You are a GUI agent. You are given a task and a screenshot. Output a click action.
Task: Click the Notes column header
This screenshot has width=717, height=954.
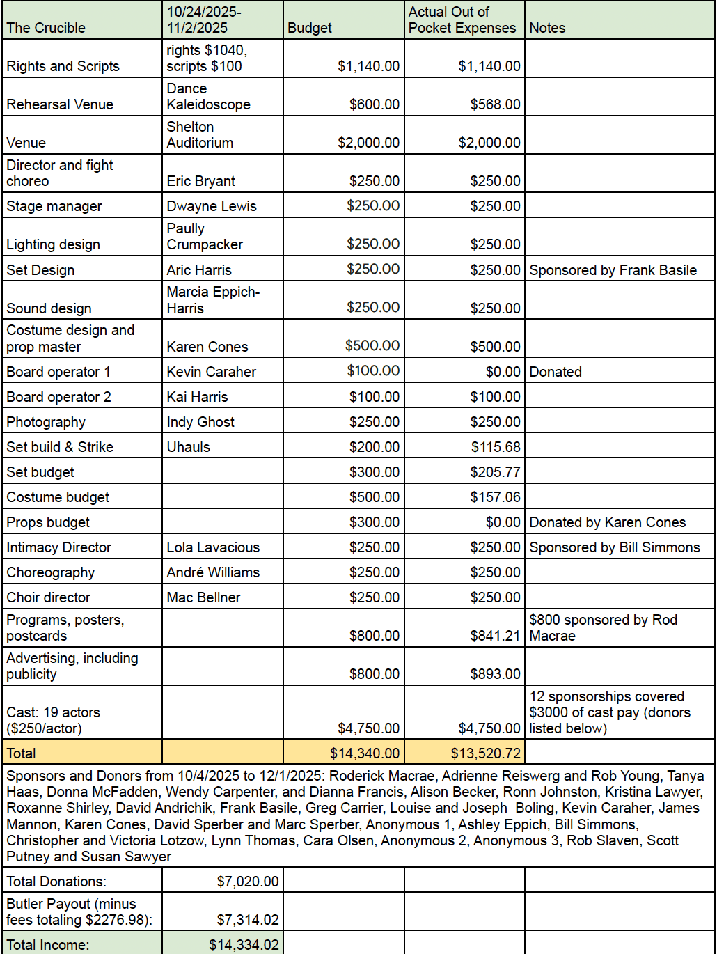click(547, 28)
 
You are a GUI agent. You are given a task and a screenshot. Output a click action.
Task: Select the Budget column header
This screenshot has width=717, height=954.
click(310, 28)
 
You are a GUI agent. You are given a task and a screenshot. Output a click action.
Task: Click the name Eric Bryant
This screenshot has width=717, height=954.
click(201, 181)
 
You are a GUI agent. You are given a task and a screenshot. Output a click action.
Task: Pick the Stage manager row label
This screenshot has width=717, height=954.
click(54, 206)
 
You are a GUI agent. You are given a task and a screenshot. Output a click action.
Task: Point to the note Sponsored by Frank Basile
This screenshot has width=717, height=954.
click(613, 270)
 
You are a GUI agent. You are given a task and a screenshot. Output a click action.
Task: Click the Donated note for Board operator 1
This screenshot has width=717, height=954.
click(556, 372)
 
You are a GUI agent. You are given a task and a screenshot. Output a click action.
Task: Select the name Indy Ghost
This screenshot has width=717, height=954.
click(200, 422)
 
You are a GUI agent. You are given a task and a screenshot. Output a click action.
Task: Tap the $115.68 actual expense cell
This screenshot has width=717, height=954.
click(495, 447)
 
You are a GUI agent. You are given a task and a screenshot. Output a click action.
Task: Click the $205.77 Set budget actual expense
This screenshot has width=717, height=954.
click(495, 472)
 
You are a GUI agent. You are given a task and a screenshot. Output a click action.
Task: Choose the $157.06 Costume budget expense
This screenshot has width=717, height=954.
click(495, 497)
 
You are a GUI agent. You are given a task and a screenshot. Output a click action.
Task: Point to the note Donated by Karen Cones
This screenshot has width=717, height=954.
click(607, 522)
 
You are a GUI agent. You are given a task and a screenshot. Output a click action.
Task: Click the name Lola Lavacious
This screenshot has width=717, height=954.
click(213, 547)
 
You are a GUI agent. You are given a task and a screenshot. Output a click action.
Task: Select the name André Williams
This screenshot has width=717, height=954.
click(213, 572)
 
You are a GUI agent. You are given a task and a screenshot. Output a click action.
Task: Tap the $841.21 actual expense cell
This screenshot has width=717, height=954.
click(495, 636)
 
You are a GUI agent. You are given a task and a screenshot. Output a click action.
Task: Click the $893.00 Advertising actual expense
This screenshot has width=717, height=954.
click(495, 674)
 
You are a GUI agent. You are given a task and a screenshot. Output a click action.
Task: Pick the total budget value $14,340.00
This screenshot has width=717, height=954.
click(365, 753)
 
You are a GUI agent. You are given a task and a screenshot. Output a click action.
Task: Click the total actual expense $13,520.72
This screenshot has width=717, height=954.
click(485, 753)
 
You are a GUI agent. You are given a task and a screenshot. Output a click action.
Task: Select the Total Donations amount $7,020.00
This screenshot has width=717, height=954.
click(248, 882)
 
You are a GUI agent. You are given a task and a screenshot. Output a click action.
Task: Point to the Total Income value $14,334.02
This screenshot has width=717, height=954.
click(244, 945)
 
